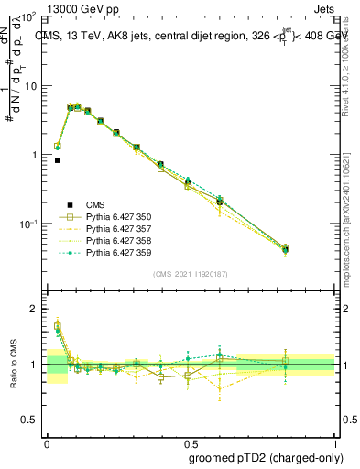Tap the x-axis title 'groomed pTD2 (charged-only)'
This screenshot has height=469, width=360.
click(267, 458)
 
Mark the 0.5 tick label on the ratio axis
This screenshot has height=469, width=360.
click(29, 420)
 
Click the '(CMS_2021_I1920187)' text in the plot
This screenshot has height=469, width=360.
click(190, 273)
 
